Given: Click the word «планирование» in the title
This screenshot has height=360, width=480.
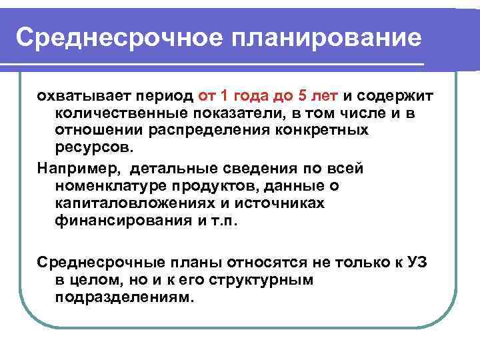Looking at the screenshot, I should pyautogui.click(x=327, y=38).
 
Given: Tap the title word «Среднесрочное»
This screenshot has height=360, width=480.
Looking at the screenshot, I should pyautogui.click(x=119, y=38).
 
